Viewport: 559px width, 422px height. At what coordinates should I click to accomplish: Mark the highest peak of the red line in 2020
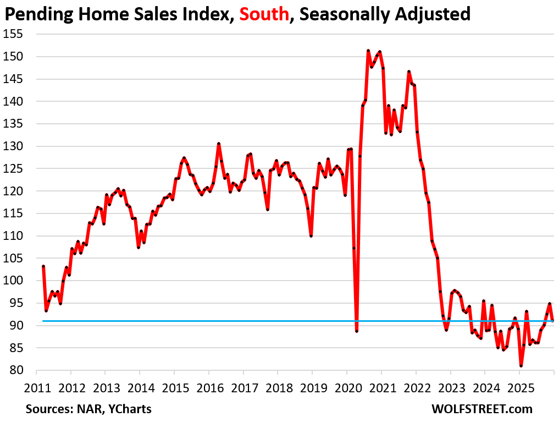(368, 51)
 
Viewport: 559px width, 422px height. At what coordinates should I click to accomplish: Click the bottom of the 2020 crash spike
(357, 331)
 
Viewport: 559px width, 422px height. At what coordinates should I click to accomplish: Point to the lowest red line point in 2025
(521, 366)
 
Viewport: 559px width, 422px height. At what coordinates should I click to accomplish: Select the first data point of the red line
(43, 266)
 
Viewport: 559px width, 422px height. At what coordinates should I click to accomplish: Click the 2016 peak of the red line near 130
(219, 144)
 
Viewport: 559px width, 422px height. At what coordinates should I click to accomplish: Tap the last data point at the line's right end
(552, 321)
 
